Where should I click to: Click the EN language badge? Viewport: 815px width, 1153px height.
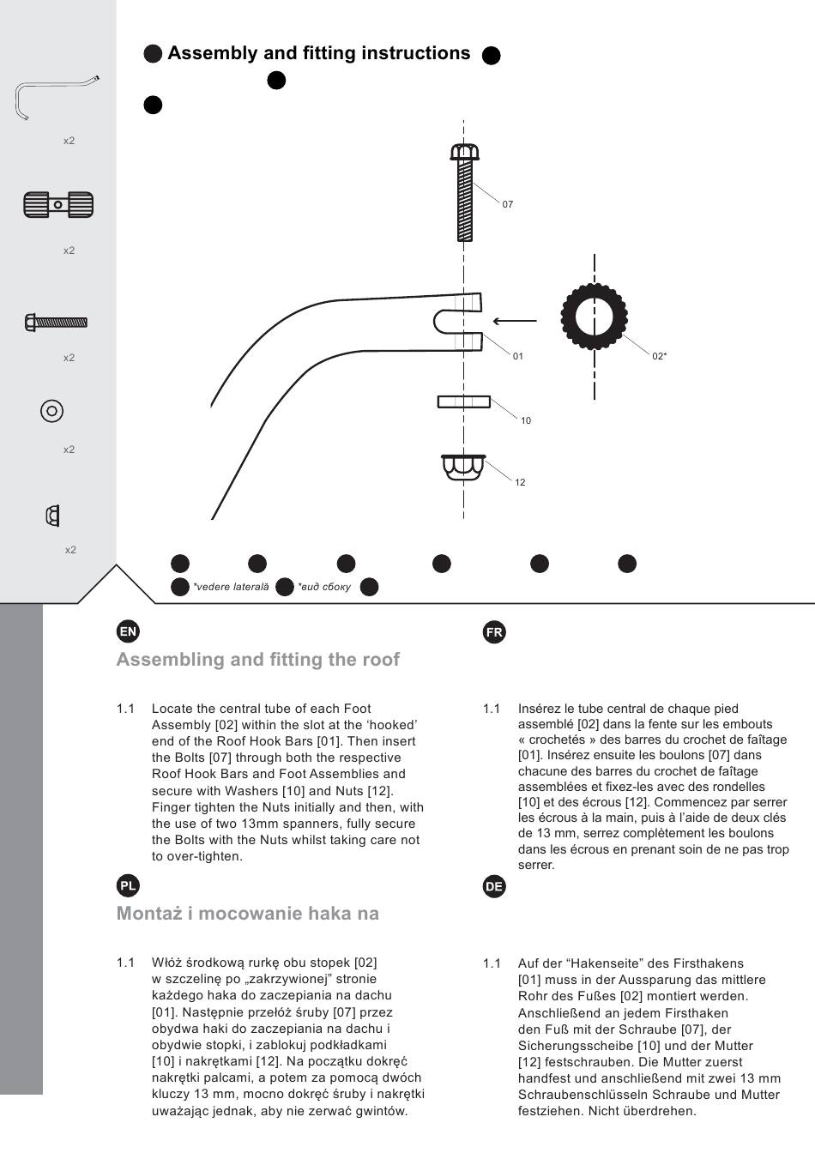click(128, 632)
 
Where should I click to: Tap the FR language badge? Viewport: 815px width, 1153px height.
click(494, 632)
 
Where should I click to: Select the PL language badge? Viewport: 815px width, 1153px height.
click(128, 886)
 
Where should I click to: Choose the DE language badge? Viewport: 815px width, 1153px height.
click(494, 886)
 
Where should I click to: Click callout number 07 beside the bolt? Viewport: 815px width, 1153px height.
click(508, 204)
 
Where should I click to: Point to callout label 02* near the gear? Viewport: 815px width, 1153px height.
click(659, 356)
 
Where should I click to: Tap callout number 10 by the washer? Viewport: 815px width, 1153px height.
click(526, 420)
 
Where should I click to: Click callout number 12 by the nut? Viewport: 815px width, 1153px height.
click(520, 482)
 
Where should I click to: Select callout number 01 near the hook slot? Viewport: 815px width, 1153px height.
click(517, 356)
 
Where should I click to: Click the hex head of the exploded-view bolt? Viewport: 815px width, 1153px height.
click(464, 153)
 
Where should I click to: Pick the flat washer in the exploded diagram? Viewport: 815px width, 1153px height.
click(464, 401)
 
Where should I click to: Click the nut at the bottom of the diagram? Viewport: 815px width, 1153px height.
click(464, 468)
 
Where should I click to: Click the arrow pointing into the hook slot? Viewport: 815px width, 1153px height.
click(515, 322)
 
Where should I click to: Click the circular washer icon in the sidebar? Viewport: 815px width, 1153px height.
click(51, 411)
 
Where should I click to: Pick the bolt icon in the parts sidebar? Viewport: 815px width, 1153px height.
click(56, 323)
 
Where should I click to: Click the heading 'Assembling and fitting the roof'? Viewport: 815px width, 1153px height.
click(258, 660)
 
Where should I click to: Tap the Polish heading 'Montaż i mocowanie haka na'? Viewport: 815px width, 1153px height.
click(248, 914)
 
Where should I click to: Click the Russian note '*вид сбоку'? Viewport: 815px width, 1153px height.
click(324, 587)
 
